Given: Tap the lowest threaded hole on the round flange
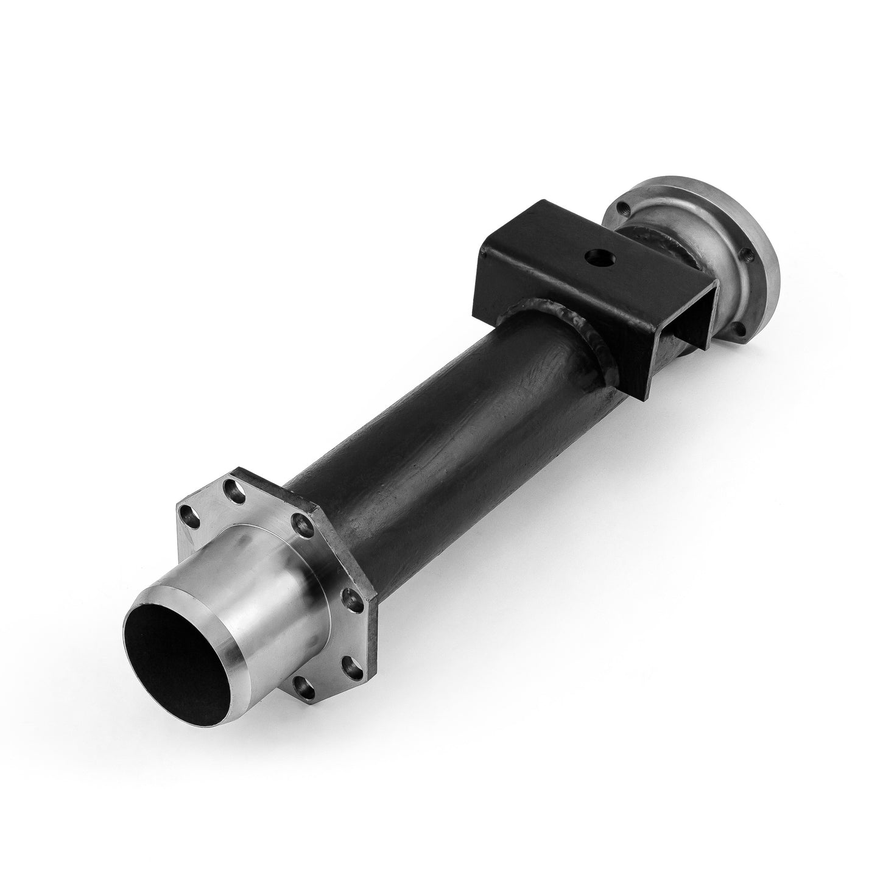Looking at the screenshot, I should click(x=739, y=329).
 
